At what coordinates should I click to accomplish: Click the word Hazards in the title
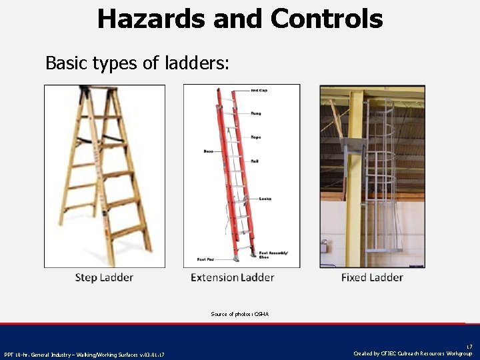(151, 19)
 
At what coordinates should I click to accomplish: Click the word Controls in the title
(327, 19)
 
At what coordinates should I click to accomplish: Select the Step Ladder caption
(104, 277)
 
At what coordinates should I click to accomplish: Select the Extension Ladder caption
(232, 277)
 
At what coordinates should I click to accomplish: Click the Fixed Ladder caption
(372, 277)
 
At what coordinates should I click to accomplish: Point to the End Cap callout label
(259, 90)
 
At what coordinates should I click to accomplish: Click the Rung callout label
(256, 113)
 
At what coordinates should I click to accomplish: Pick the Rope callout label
(256, 137)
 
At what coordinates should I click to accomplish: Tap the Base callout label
(209, 151)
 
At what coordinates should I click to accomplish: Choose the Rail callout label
(255, 161)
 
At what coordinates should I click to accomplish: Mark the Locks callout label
(265, 199)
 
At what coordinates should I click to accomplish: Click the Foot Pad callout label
(205, 259)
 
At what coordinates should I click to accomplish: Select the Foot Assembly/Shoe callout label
(269, 255)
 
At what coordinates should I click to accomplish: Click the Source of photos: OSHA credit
(240, 313)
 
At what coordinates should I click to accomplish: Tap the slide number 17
(469, 346)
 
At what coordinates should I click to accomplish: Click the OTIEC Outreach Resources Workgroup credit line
(413, 353)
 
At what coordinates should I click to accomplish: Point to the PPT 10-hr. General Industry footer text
(84, 354)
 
